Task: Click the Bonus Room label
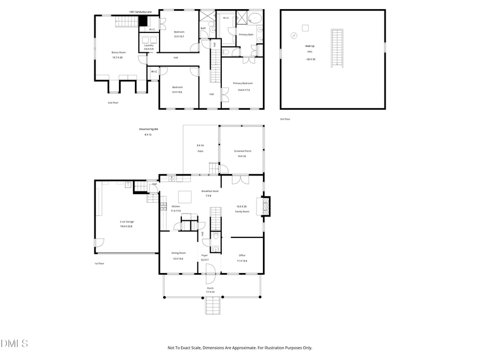coord(118,52)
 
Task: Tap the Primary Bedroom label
coord(243,83)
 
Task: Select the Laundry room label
coord(149,45)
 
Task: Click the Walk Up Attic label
coord(310,46)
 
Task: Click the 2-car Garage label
coord(126,221)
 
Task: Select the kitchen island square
coord(185,196)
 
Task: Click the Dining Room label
coord(178,253)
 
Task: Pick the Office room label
coord(242,255)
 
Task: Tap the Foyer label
coord(204,255)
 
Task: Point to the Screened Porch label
coord(242,151)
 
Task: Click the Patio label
coord(201,151)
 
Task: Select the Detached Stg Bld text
coord(149,129)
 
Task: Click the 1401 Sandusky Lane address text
coord(140,11)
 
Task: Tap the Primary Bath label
coord(246,35)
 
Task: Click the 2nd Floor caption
coord(113,102)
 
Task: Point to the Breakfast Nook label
coord(210,191)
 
